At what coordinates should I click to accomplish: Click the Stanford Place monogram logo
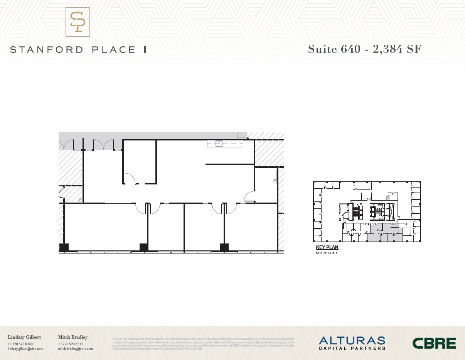pos(77,22)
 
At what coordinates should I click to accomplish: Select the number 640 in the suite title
pos(350,49)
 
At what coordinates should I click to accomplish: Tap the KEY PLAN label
pos(327,247)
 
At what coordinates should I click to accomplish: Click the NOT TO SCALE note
pos(327,253)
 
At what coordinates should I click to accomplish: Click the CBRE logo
pos(434,343)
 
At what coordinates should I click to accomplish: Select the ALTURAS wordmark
pos(352,340)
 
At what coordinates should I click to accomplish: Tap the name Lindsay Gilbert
pos(24,337)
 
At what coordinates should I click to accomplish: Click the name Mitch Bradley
pos(73,337)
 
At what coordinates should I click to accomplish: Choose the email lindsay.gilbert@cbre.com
pos(25,349)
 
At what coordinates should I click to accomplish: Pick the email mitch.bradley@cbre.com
pos(75,349)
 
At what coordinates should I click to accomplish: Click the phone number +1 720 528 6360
pos(20,344)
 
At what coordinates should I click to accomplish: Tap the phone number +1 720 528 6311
pos(71,344)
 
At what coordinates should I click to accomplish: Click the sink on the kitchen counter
pos(219,144)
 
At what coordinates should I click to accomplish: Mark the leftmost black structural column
pos(64,247)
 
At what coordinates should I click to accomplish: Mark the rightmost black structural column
pos(224,247)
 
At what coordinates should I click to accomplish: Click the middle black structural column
pos(144,247)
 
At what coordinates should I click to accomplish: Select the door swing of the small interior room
pos(130,178)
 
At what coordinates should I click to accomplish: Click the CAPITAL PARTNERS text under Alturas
pos(352,348)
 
